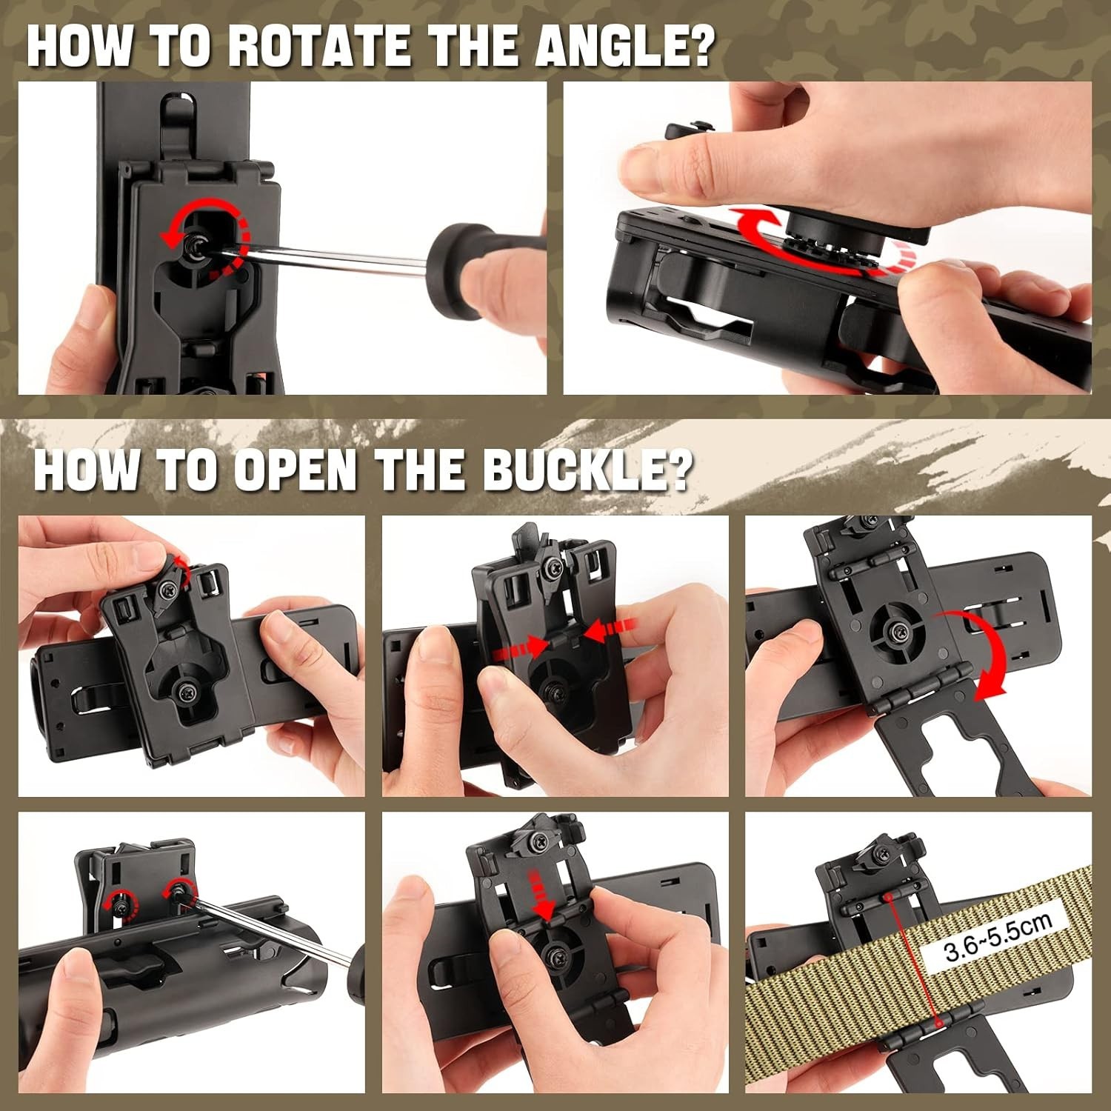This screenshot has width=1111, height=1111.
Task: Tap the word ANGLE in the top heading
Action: [x=608, y=46]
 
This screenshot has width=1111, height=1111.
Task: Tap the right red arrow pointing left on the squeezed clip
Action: [x=611, y=631]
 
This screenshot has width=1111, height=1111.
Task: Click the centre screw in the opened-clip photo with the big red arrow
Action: [x=898, y=631]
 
